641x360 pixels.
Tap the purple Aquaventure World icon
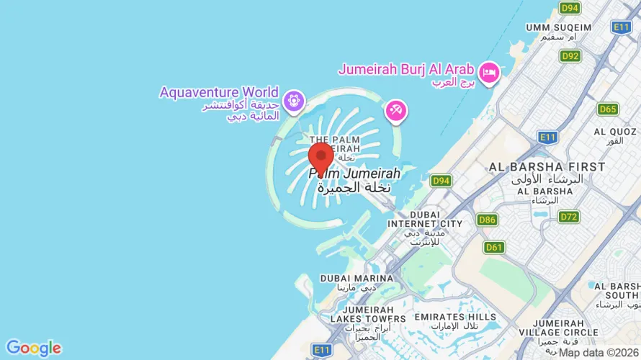click(292, 102)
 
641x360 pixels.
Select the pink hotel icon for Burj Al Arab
click(490, 73)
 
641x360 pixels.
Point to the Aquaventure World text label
click(219, 92)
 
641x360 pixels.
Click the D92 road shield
click(570, 55)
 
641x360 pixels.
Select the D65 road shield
click(607, 109)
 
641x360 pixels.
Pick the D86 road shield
click(486, 219)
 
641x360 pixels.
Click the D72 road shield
click(568, 216)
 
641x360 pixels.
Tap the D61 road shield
click(493, 247)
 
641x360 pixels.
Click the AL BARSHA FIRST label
click(547, 167)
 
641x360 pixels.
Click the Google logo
click(33, 348)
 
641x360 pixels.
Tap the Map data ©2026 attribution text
click(599, 353)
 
